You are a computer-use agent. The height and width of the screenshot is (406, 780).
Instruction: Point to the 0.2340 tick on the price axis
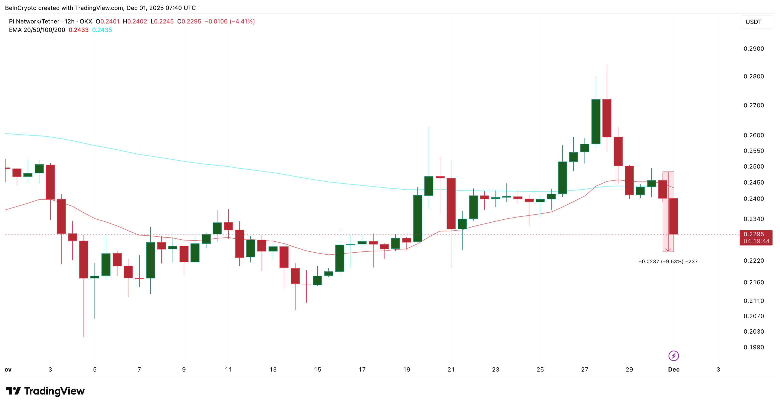[753, 219]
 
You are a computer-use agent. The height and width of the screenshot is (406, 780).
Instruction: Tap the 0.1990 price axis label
[753, 347]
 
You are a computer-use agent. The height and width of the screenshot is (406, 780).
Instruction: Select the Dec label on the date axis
[674, 369]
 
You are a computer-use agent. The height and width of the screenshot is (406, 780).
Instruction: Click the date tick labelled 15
[317, 369]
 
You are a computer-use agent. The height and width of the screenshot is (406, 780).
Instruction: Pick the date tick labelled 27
[585, 369]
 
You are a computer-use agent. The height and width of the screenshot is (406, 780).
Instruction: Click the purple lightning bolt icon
[674, 356]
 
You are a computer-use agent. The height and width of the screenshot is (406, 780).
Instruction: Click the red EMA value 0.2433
[78, 30]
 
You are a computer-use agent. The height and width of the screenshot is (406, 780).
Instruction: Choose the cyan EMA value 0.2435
[102, 30]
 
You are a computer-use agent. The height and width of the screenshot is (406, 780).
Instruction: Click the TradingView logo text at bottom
[45, 391]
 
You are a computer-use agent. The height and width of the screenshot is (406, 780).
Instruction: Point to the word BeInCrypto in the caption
[21, 8]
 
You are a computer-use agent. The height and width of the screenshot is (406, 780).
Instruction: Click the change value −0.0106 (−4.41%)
[229, 21]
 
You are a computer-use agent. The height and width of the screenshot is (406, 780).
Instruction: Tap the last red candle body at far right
[674, 216]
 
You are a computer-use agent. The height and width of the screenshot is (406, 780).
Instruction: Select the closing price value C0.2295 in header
[189, 21]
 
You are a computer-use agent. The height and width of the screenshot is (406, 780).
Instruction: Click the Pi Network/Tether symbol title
[34, 21]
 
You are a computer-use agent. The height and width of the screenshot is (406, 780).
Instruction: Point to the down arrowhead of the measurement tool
[668, 250]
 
